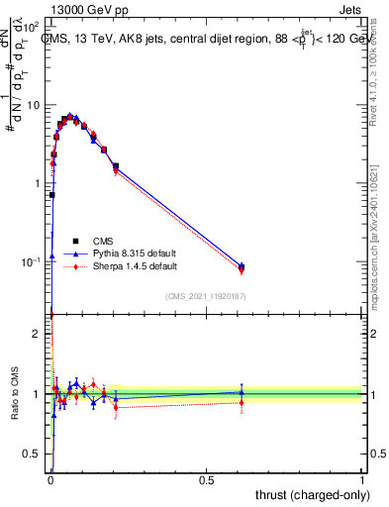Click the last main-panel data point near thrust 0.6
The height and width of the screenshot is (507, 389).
coord(242,266)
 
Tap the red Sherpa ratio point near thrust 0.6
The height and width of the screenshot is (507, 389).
coord(242,402)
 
